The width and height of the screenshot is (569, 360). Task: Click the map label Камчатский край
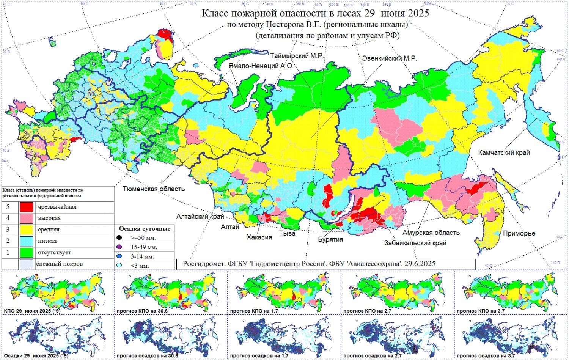coord(504,152)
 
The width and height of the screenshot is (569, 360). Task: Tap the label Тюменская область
coord(154,189)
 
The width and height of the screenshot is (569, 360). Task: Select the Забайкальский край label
coord(415,243)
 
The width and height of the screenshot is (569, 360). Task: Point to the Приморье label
coord(519,233)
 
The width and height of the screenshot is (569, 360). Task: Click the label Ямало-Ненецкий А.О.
coord(261,66)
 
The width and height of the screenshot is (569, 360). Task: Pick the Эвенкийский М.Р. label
coord(389,58)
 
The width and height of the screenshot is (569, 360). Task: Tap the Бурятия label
coord(330,239)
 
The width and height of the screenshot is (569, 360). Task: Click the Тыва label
coord(287,233)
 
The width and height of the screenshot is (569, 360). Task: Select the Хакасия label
coord(259,237)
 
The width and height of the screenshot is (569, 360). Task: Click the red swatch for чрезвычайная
coord(26,207)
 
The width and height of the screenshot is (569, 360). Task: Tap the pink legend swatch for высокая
coord(26,218)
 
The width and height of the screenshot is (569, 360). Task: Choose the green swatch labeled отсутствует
coord(26,252)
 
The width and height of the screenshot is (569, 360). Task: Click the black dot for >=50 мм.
coord(119,238)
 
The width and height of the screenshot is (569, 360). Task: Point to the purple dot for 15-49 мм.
coord(119,247)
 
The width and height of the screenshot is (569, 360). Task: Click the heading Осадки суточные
coord(145,229)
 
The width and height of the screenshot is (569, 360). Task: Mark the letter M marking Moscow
coord(91,93)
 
